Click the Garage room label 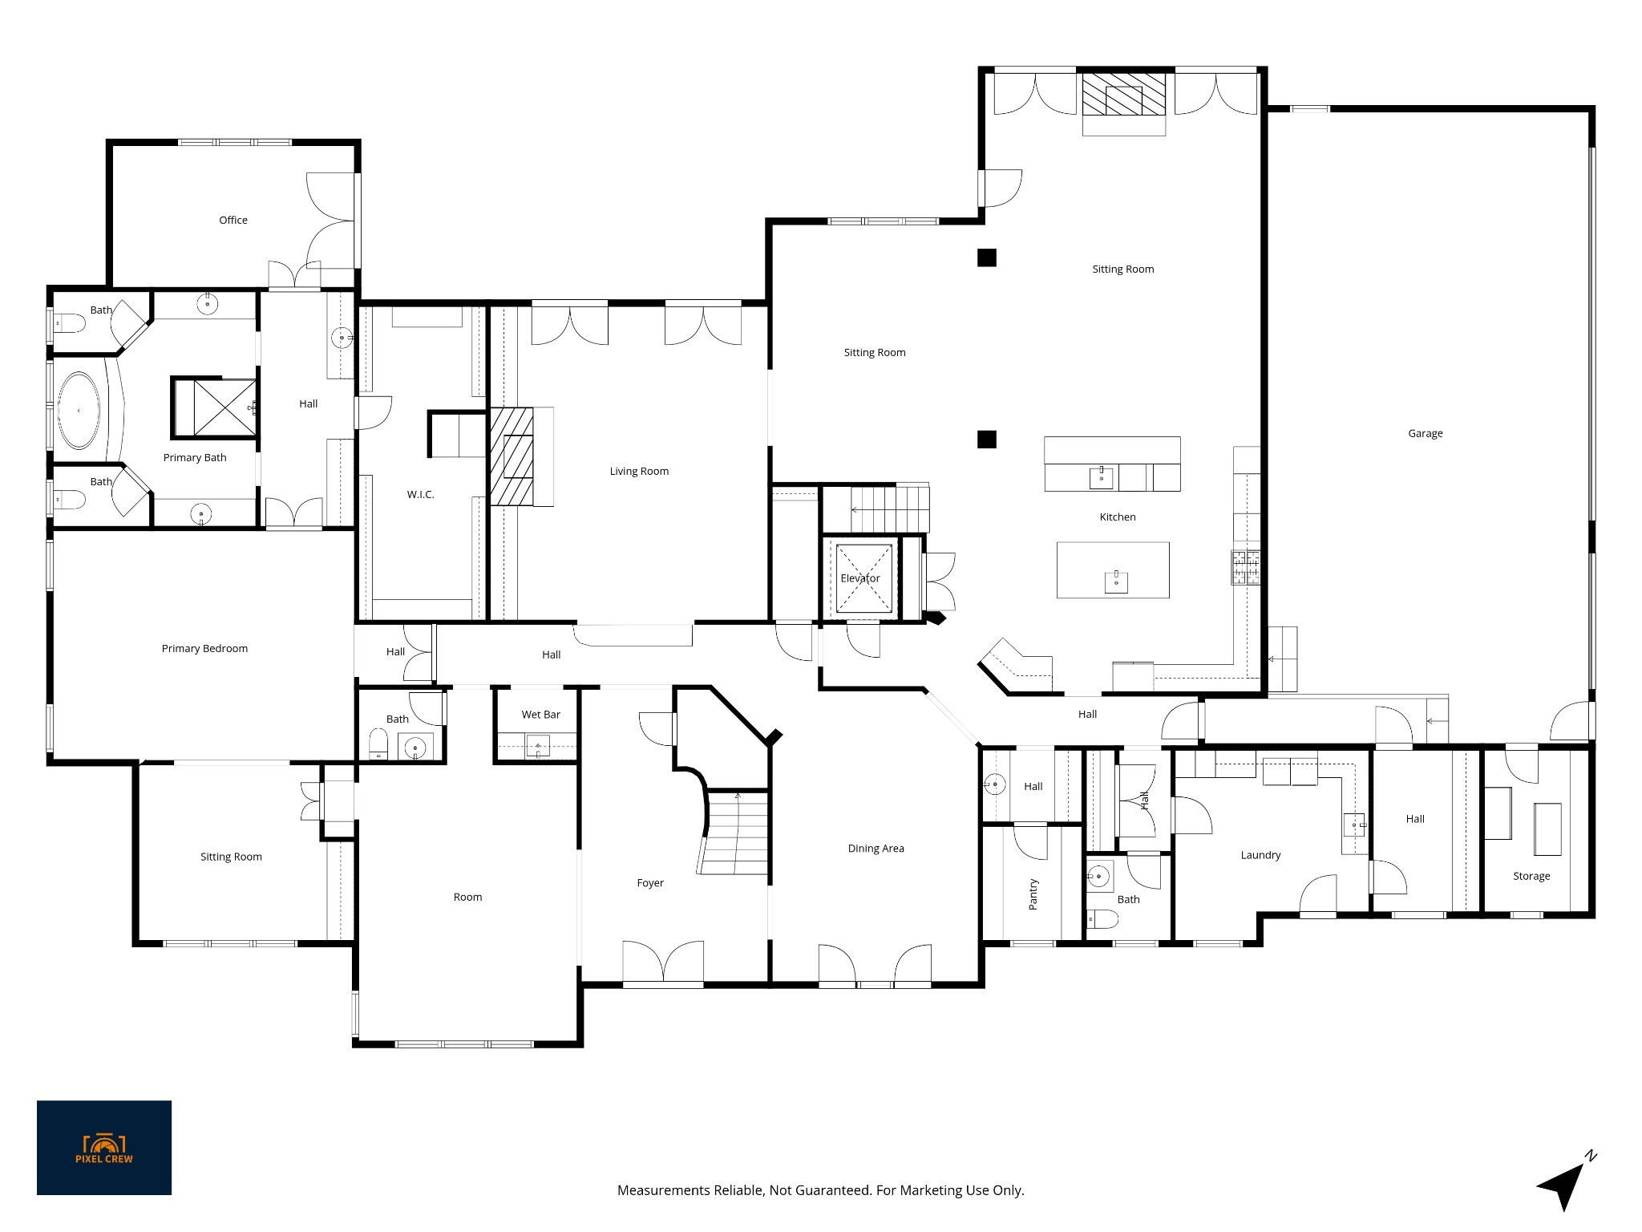[x=1425, y=434]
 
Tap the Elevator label [x=859, y=578]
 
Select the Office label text [x=233, y=220]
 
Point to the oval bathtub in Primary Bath [x=79, y=411]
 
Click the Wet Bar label [x=541, y=715]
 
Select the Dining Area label [x=876, y=849]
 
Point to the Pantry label [x=1033, y=894]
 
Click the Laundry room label [x=1260, y=855]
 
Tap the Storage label [x=1531, y=876]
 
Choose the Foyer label [x=650, y=883]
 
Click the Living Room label [x=639, y=472]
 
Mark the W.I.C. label [x=420, y=495]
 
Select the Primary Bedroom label [x=204, y=649]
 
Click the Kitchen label [x=1118, y=517]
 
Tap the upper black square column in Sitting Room [x=986, y=257]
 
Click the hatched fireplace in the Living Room [x=512, y=457]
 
